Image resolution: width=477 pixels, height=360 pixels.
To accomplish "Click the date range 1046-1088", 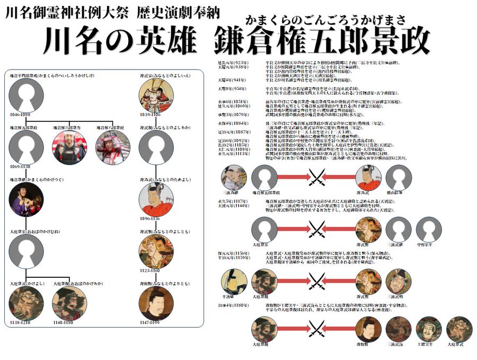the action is click(x=19, y=114).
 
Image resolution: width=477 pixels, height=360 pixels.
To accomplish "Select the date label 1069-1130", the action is click(x=19, y=166).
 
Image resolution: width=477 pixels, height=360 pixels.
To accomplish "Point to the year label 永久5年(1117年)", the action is click(x=232, y=201).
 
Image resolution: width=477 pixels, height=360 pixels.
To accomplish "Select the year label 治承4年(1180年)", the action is click(x=232, y=306).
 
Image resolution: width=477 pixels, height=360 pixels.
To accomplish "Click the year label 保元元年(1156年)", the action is click(x=232, y=254).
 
